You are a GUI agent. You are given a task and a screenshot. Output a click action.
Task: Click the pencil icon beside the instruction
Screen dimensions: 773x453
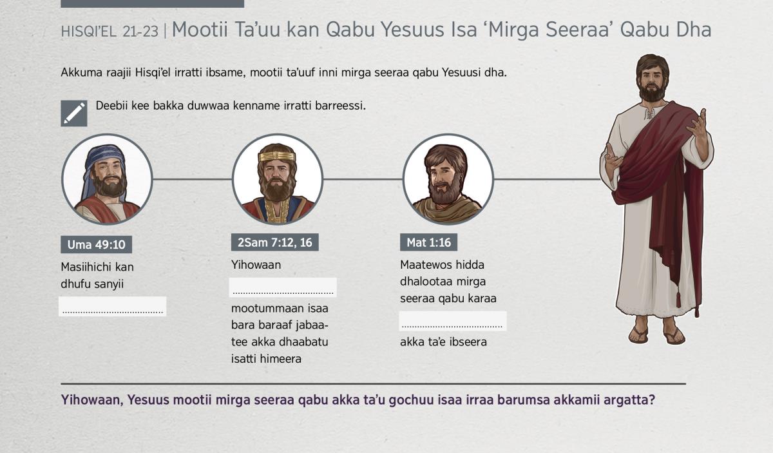[74, 113]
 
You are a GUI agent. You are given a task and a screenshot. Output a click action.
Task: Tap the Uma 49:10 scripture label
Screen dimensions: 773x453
[96, 244]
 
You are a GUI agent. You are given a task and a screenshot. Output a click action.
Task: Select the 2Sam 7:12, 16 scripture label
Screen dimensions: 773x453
[274, 242]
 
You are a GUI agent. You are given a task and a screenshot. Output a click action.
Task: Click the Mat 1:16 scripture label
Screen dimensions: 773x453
[428, 242]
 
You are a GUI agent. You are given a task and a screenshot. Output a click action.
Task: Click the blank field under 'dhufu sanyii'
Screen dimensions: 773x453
[113, 306]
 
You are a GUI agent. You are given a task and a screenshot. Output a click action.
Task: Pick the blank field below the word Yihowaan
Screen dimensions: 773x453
[283, 287]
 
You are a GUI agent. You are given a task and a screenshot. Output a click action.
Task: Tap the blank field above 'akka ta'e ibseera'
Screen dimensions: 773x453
[453, 321]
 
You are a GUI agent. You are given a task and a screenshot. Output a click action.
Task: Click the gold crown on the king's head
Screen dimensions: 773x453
[277, 157]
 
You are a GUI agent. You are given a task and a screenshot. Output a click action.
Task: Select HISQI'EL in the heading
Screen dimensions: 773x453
[88, 32]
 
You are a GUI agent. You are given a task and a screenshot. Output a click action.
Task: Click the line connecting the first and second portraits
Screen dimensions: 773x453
[192, 179]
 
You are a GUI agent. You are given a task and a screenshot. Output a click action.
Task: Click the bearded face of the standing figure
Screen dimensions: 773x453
[651, 83]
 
